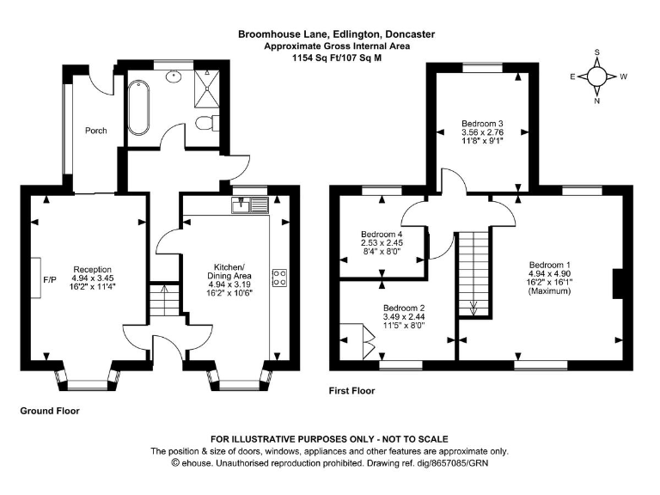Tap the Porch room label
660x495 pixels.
pos(95,131)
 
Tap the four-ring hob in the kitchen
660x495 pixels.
pos(279,278)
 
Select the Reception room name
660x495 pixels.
pos(92,268)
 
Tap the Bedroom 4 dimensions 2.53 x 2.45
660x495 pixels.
pos(382,244)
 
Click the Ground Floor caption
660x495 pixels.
pos(50,411)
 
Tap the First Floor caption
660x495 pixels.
pos(352,391)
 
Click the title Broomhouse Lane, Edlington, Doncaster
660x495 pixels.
pos(337,34)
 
